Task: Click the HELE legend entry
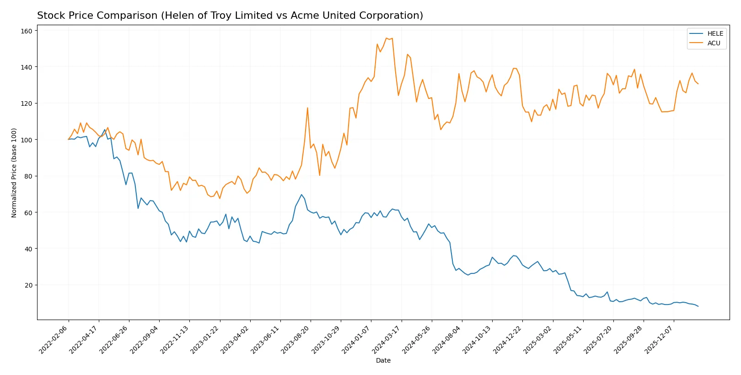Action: coord(715,33)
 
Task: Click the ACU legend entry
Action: coord(714,43)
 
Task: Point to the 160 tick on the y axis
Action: coord(27,31)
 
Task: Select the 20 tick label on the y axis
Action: coord(28,285)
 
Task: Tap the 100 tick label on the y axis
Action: coord(27,140)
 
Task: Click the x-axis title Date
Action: coord(383,360)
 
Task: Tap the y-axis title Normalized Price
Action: coord(14,173)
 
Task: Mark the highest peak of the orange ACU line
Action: coord(387,38)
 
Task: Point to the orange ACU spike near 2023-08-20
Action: coord(307,108)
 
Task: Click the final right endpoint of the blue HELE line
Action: coord(698,306)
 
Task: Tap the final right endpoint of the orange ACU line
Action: coord(698,84)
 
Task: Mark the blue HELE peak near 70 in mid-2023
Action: coord(301,195)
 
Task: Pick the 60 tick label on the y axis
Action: coord(28,212)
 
